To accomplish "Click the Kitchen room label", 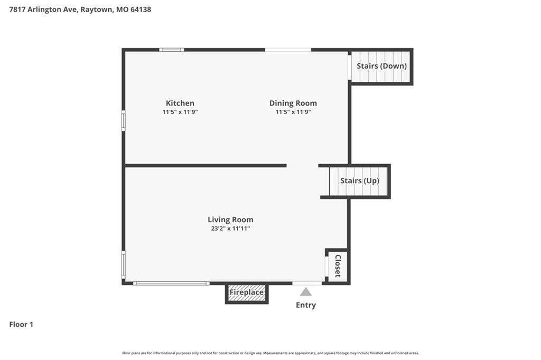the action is pyautogui.click(x=180, y=103).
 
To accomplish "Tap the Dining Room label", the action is pyautogui.click(x=293, y=103).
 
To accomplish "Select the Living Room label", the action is pyautogui.click(x=230, y=220).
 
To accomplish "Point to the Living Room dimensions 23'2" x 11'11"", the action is pyautogui.click(x=230, y=228).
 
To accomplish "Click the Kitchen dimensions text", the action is pyautogui.click(x=180, y=112).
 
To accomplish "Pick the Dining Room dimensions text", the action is pyautogui.click(x=293, y=112).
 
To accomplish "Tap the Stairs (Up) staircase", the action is pyautogui.click(x=359, y=182).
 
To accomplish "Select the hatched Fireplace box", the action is pyautogui.click(x=247, y=293).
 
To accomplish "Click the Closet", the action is pyautogui.click(x=337, y=266).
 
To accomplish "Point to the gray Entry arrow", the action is pyautogui.click(x=306, y=292).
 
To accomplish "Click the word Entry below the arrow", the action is pyautogui.click(x=306, y=305).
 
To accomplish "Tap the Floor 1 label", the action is pyautogui.click(x=21, y=325).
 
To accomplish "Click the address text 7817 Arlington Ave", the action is pyautogui.click(x=43, y=10).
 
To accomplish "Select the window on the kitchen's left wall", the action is pyautogui.click(x=124, y=121).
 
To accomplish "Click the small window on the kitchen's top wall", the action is pyautogui.click(x=172, y=50).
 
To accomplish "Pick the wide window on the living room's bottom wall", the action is pyautogui.click(x=171, y=283).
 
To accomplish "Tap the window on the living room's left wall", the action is pyautogui.click(x=124, y=264).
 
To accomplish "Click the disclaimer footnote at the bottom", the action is pyautogui.click(x=270, y=353).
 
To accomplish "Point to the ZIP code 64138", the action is pyautogui.click(x=141, y=10).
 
